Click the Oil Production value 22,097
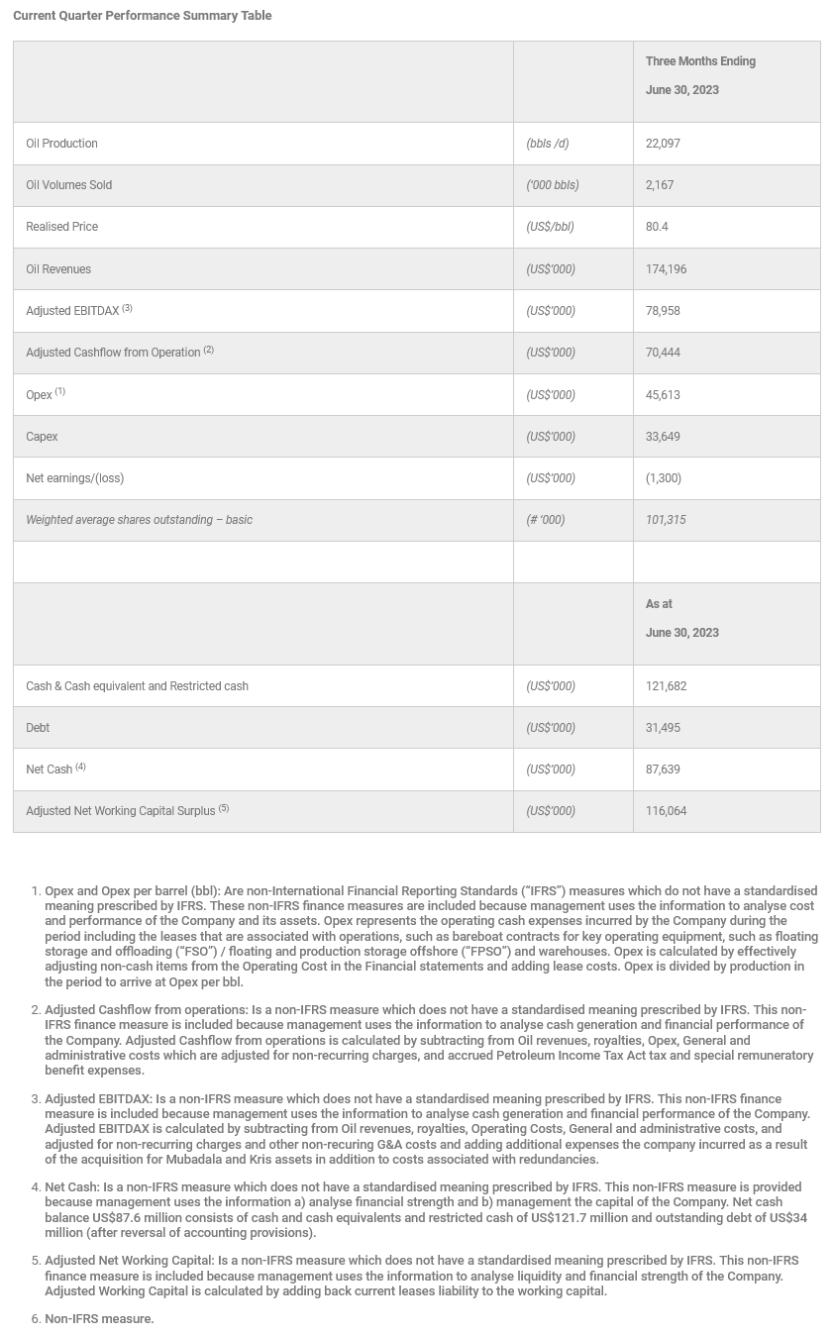[x=663, y=144]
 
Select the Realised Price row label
[x=61, y=227]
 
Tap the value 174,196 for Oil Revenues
[x=666, y=269]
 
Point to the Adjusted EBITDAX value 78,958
[x=663, y=311]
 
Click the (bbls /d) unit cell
[x=547, y=144]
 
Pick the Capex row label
[x=42, y=437]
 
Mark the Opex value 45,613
[x=663, y=395]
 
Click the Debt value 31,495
[x=663, y=728]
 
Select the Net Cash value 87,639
[x=663, y=770]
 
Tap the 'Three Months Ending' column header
[x=700, y=61]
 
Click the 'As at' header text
[x=659, y=604]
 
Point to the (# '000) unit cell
[x=545, y=520]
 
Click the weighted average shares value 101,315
[x=666, y=520]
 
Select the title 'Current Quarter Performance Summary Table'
[x=142, y=16]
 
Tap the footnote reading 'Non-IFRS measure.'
[x=99, y=1319]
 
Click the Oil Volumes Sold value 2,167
[x=660, y=185]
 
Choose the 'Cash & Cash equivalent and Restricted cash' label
[x=137, y=686]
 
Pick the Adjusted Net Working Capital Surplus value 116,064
[x=666, y=811]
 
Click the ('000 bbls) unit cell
[x=552, y=185]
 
